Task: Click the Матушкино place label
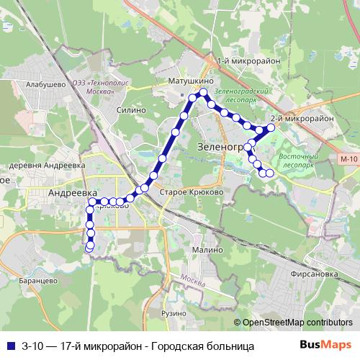189,81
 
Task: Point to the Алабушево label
41,84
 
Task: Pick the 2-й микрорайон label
302,117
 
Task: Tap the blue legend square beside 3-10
9,346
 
